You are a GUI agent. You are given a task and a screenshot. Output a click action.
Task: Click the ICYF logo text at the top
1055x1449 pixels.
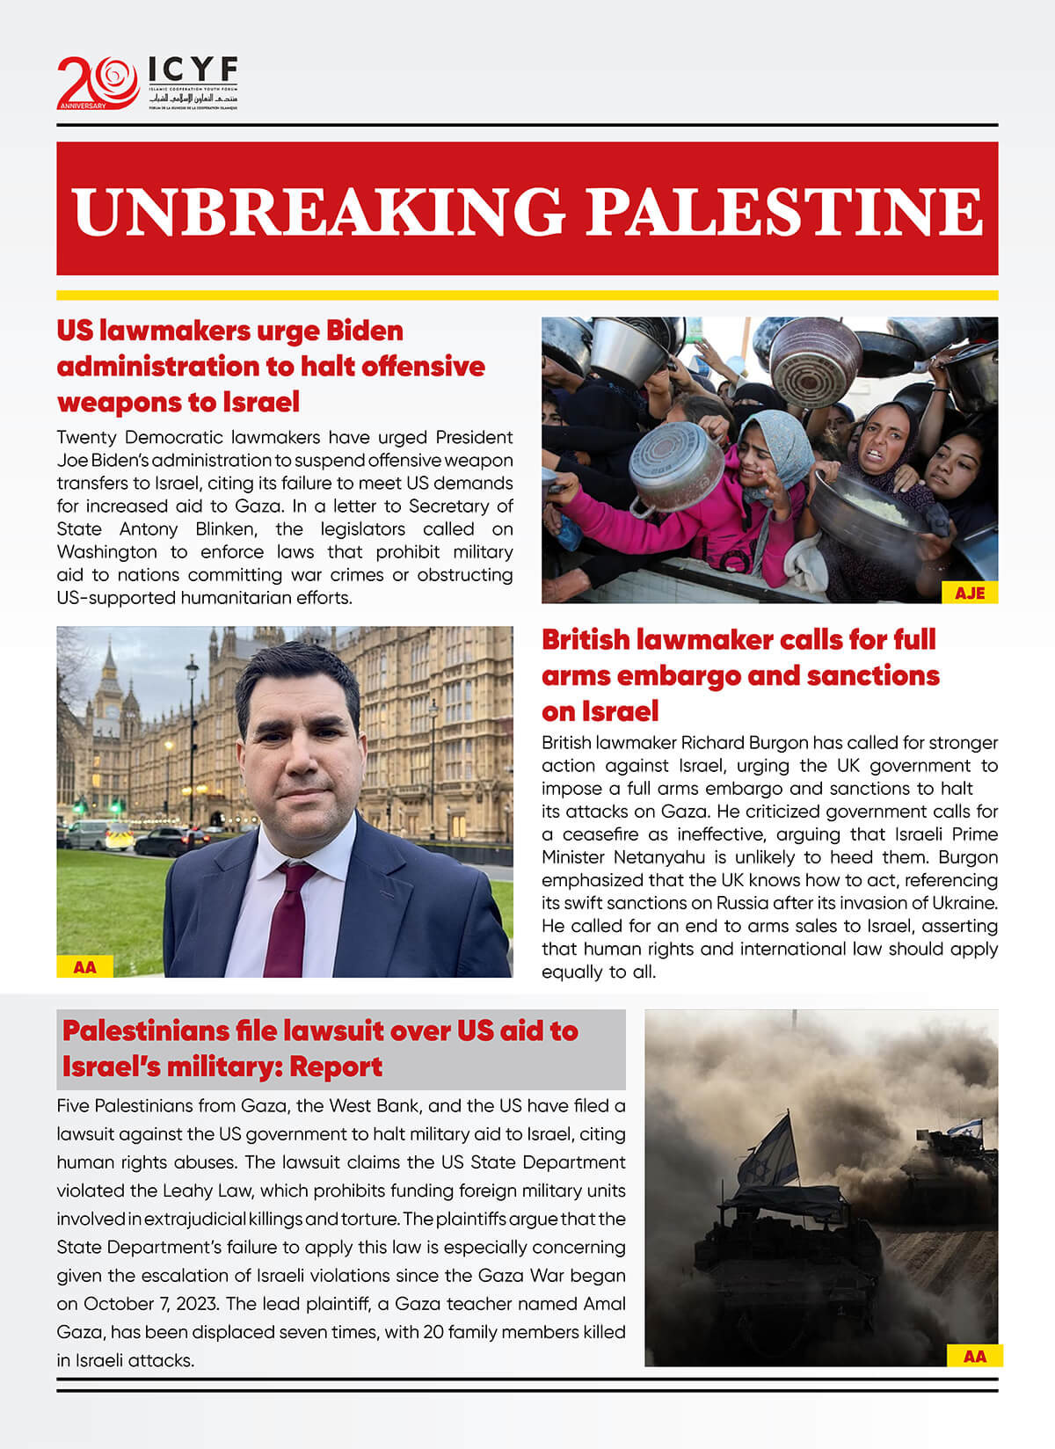193,69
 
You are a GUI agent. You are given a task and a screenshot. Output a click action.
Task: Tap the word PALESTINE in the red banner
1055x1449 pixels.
783,211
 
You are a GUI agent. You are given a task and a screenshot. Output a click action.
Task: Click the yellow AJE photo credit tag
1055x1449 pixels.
970,593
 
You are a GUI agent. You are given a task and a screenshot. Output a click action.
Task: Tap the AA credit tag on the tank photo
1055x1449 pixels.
974,1356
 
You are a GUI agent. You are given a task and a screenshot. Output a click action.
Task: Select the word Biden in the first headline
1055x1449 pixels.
364,331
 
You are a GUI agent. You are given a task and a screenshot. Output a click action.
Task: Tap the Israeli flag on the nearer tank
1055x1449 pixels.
771,1152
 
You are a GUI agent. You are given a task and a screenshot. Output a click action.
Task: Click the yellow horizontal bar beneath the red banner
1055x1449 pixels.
527,295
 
